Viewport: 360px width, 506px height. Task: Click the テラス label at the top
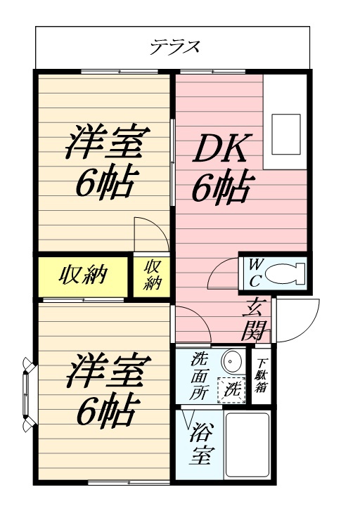(175, 48)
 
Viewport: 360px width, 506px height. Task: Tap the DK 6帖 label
(221, 169)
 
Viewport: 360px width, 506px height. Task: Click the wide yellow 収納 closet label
(82, 275)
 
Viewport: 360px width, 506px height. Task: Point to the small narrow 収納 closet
(153, 275)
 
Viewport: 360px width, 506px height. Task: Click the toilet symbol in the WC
(289, 271)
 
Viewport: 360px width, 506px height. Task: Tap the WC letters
(255, 271)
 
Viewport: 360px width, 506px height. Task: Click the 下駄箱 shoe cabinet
(261, 375)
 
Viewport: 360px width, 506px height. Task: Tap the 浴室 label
(200, 443)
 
